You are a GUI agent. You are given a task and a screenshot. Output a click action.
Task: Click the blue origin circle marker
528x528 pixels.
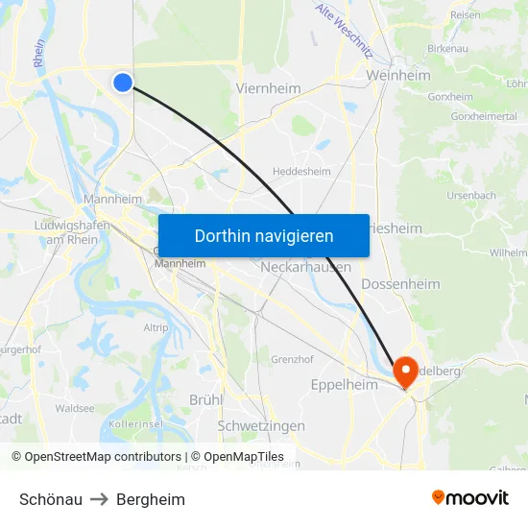(x=123, y=83)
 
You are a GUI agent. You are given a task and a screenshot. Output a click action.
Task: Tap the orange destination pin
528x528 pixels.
(x=404, y=371)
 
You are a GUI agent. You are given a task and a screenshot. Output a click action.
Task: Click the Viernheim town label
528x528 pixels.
(x=268, y=88)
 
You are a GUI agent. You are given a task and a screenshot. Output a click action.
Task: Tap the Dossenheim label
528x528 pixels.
(x=400, y=284)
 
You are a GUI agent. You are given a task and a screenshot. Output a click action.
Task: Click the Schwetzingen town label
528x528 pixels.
(x=261, y=425)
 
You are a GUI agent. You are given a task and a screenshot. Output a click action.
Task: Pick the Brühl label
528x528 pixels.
(x=205, y=399)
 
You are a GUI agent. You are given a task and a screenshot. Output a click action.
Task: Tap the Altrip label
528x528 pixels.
(x=156, y=328)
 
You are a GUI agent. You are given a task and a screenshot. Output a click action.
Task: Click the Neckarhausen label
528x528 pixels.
(x=304, y=268)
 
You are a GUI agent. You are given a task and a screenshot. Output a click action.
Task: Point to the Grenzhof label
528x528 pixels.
(x=292, y=360)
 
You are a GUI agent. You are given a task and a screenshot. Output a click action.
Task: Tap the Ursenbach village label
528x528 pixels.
(x=470, y=195)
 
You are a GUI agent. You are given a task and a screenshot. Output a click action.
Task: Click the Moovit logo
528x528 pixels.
(x=470, y=497)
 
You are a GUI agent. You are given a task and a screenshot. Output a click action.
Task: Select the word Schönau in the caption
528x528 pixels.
(x=50, y=499)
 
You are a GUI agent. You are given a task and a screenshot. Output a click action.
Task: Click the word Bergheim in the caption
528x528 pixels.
(x=151, y=499)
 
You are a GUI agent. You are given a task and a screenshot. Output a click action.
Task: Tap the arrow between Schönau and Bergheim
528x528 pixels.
(x=99, y=499)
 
